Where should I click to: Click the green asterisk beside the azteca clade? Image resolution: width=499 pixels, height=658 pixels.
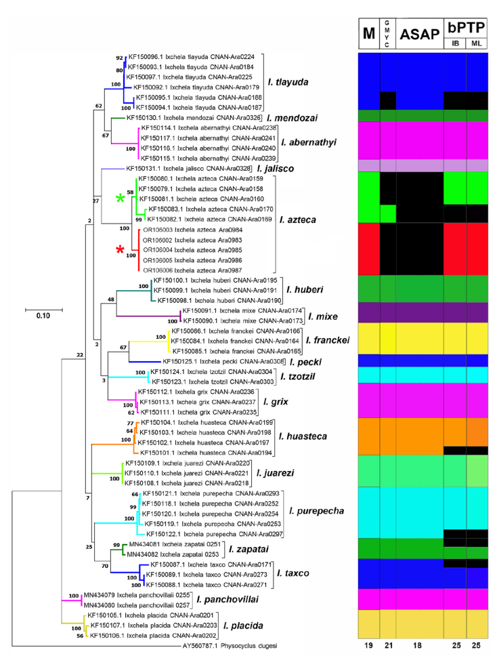[x=120, y=198]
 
